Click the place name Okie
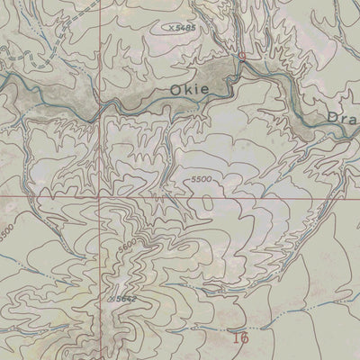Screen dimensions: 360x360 tap(189, 90)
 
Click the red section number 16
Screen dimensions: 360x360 tap(238, 338)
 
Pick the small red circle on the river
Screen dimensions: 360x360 tap(241, 56)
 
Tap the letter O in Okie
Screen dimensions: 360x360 tap(175, 90)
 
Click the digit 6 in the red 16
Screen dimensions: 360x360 tap(242, 338)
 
